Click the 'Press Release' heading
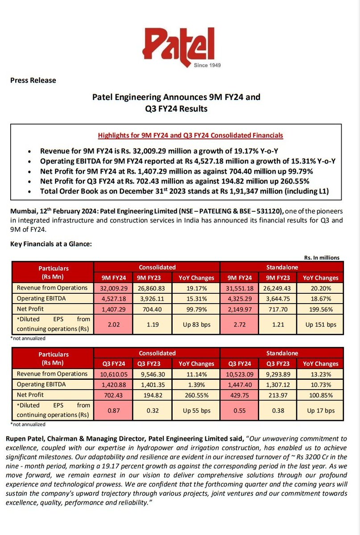tap(33, 80)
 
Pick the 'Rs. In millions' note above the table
tap(322, 257)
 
